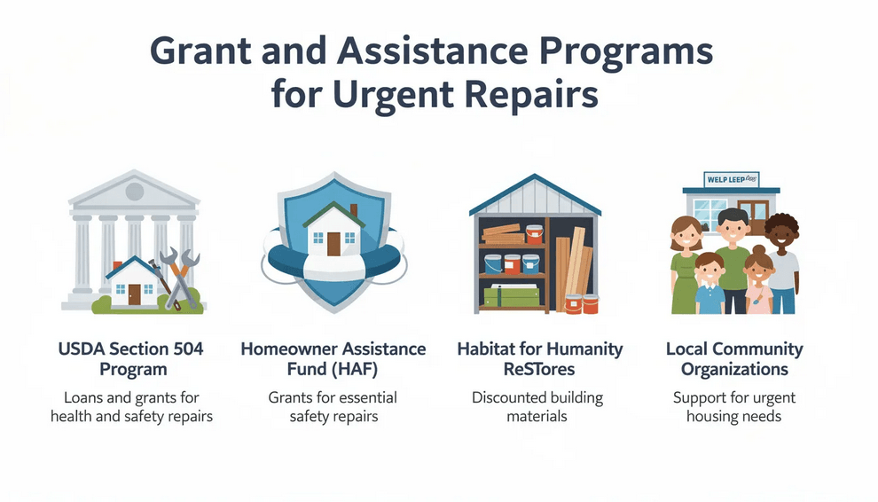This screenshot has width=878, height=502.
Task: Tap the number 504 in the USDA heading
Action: [184, 349]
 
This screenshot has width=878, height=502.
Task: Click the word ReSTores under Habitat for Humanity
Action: [540, 368]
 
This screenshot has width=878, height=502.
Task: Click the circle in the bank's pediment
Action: [135, 191]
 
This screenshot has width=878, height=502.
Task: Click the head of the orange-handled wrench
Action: [192, 261]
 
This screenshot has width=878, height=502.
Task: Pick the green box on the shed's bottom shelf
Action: [512, 296]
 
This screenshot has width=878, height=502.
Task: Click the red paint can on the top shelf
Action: [534, 234]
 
